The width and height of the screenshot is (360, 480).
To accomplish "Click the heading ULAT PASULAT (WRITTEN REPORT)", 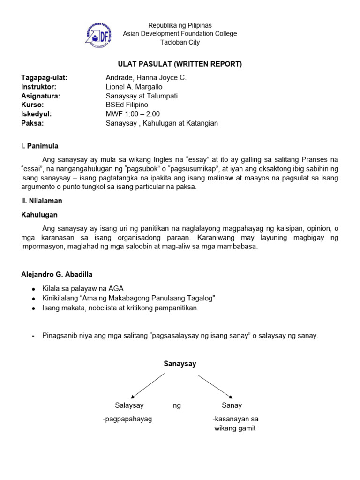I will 180,64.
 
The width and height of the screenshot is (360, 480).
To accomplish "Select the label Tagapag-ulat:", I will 45,78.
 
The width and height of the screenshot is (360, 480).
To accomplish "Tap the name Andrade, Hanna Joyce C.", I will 146,78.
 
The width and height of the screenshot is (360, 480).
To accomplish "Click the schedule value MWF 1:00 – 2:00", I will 133,114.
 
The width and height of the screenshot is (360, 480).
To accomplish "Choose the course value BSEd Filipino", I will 127,105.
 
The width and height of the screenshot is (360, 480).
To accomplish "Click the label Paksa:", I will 32,123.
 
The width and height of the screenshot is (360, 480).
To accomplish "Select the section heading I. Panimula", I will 40,146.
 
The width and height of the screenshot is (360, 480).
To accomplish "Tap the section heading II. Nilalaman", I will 42,201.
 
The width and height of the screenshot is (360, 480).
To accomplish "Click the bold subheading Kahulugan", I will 39,214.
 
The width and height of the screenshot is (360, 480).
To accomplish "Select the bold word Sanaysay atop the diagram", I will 180,363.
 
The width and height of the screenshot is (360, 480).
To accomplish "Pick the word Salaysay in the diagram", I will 129,405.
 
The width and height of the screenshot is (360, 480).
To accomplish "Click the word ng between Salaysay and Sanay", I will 177,405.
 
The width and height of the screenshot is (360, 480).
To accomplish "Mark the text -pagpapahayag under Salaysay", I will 127,419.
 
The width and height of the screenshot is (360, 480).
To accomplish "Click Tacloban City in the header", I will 180,43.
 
